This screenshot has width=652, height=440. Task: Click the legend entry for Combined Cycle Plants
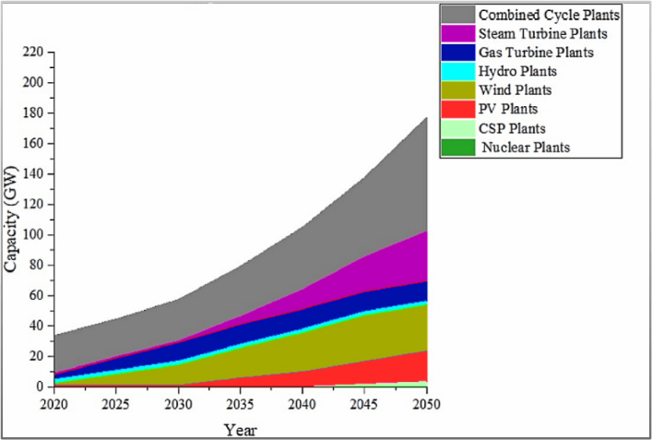click(549, 15)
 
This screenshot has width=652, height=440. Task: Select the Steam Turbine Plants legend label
click(542, 34)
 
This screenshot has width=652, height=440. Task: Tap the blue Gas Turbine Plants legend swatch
click(457, 53)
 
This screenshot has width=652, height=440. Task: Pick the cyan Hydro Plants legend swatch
click(457, 71)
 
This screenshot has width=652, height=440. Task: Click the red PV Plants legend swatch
click(457, 109)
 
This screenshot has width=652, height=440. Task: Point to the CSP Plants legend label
click(512, 128)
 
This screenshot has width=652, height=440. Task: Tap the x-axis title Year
click(240, 429)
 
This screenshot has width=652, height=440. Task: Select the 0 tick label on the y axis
click(38, 386)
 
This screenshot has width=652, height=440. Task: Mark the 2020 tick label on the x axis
click(54, 403)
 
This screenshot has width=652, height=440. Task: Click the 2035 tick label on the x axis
click(240, 403)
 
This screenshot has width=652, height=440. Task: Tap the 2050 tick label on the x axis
click(426, 403)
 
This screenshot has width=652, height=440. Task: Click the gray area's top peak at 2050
click(425, 117)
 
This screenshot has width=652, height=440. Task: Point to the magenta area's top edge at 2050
click(425, 232)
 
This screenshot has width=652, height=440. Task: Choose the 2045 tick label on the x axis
click(364, 403)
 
